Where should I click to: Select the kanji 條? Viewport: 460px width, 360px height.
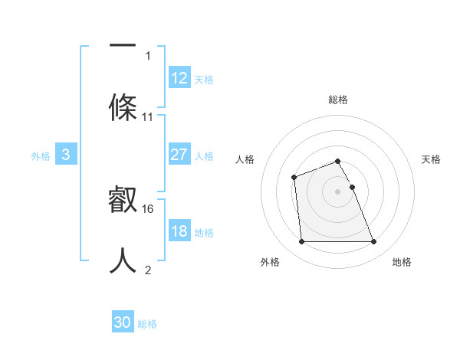pyautogui.click(x=123, y=107)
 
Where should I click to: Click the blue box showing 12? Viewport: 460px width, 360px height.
pyautogui.click(x=179, y=78)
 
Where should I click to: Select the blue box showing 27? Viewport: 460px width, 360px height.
pyautogui.click(x=179, y=155)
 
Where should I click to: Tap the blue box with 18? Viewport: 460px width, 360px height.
pyautogui.click(x=179, y=231)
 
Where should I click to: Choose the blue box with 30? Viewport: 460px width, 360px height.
pyautogui.click(x=123, y=323)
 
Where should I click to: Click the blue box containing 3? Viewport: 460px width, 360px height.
pyautogui.click(x=66, y=155)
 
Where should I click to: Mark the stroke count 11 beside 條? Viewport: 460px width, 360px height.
pyautogui.click(x=148, y=117)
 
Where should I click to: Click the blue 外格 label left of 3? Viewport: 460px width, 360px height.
pyautogui.click(x=41, y=155)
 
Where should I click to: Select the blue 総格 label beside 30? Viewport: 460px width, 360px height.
pyautogui.click(x=147, y=324)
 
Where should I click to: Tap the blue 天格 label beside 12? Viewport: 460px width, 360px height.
pyautogui.click(x=204, y=79)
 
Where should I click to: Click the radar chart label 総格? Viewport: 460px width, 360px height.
pyautogui.click(x=338, y=100)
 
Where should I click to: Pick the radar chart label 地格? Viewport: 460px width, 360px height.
pyautogui.click(x=402, y=262)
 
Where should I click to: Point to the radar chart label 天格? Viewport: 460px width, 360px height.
pyautogui.click(x=432, y=159)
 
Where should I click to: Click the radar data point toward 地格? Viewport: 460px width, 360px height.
pyautogui.click(x=373, y=242)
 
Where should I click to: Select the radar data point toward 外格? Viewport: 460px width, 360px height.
pyautogui.click(x=301, y=242)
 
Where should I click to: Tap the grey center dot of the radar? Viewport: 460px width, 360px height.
pyautogui.click(x=337, y=191)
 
